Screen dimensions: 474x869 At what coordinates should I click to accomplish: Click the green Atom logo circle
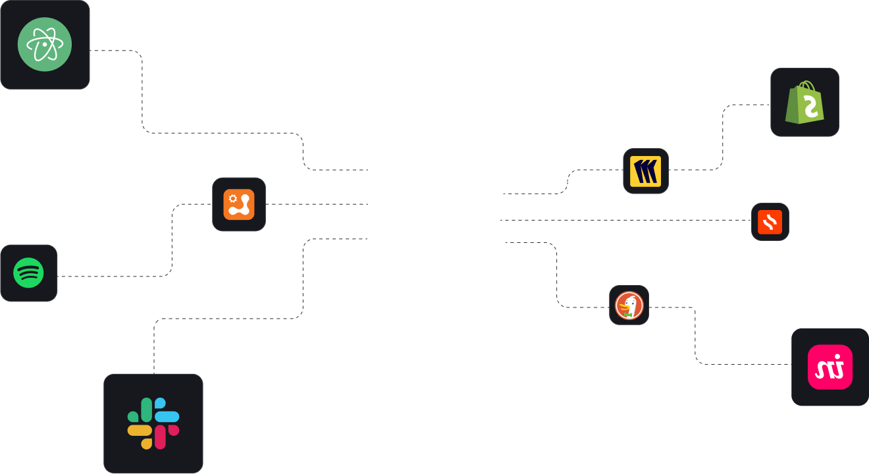coord(45,45)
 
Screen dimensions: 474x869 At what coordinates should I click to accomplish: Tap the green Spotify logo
coord(29,273)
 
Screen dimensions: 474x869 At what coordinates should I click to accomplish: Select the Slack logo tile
coord(153,423)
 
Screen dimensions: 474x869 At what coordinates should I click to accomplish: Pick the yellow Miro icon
coord(646,171)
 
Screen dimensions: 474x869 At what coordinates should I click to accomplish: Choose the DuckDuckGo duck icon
coord(629,305)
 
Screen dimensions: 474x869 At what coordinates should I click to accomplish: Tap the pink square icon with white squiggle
coord(830,367)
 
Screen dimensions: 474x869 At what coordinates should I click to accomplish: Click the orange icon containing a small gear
coord(239,204)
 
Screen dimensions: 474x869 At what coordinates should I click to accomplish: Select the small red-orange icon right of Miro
coord(770,222)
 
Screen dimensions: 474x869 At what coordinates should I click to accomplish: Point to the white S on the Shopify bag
coord(810,107)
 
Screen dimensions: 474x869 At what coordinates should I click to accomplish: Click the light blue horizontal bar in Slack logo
coord(167,417)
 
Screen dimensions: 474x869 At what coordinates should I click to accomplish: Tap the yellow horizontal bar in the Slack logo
coord(140,430)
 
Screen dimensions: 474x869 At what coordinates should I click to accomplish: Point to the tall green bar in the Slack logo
coord(146,409)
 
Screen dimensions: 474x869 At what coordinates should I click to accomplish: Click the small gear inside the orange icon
coord(232,197)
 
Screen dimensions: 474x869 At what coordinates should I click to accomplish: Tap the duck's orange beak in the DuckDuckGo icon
coord(623,307)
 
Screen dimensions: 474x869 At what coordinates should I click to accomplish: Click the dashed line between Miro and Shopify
coord(723,138)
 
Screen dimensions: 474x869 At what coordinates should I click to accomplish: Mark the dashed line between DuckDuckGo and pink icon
coord(695,336)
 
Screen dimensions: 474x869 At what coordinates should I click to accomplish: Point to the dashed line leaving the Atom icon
coord(142,92)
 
